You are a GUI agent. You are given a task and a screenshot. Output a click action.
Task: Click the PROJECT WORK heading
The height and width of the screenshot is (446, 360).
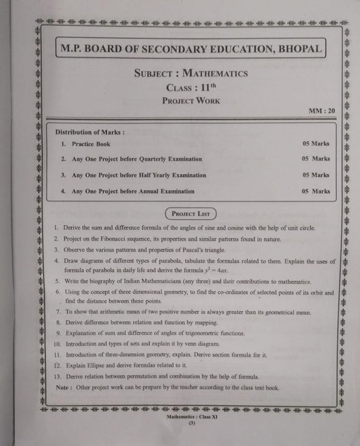(x=190, y=101)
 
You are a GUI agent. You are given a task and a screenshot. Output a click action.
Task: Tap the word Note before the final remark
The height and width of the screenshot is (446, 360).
(x=62, y=388)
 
